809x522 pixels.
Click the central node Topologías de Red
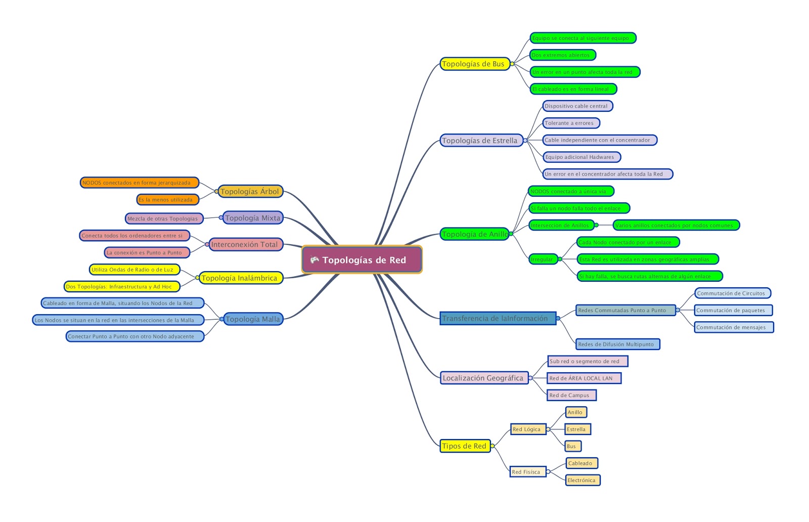[362, 260]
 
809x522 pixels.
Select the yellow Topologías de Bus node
[474, 64]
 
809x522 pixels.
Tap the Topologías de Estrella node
[480, 141]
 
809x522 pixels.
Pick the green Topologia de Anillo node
[474, 234]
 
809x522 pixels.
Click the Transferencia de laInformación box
[498, 318]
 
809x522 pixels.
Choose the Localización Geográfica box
[483, 378]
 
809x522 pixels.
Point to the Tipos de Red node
[464, 446]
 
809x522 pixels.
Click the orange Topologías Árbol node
[250, 191]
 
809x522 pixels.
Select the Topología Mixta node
[253, 218]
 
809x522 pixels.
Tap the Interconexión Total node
[245, 244]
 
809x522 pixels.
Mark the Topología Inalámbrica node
[240, 278]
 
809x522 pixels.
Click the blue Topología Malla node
[253, 319]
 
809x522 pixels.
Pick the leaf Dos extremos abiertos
[562, 55]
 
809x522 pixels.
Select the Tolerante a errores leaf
[570, 123]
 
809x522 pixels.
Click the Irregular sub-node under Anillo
[543, 259]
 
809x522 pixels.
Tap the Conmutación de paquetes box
[732, 310]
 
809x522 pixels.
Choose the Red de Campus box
[571, 395]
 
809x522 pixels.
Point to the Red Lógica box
[527, 429]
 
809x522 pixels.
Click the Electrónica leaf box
[582, 480]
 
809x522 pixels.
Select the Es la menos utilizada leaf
[166, 200]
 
